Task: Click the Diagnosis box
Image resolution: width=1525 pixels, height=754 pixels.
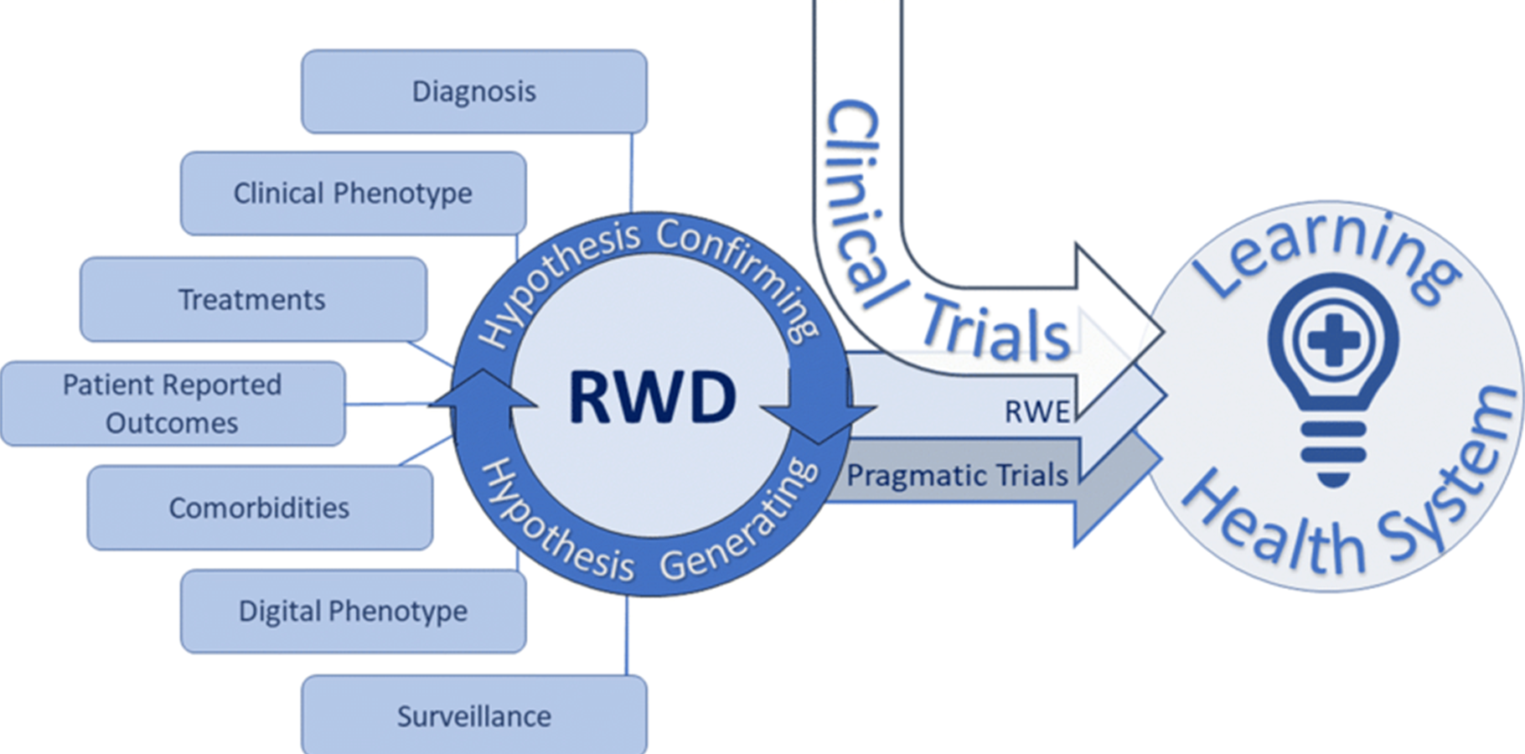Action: point(474,91)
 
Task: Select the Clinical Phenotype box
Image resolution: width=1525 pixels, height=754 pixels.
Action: point(353,194)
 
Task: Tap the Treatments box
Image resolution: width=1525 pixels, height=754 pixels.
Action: point(252,299)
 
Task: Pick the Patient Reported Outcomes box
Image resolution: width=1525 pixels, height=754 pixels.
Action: point(172,404)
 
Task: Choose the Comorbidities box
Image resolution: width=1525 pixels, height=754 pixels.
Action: point(260,508)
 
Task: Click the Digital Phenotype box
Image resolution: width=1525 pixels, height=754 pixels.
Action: point(353,612)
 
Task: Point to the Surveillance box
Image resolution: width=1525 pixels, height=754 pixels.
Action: point(474,716)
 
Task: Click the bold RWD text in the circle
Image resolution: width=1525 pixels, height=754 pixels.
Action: point(653,397)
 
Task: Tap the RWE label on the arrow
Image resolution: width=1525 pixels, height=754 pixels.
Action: point(1037,412)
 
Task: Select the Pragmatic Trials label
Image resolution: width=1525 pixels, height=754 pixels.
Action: point(957,476)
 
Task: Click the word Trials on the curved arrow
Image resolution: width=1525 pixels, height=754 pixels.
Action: point(996,330)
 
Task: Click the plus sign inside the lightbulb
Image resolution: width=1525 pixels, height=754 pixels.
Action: point(1333,340)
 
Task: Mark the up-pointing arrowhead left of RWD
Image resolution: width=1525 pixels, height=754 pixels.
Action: point(483,390)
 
